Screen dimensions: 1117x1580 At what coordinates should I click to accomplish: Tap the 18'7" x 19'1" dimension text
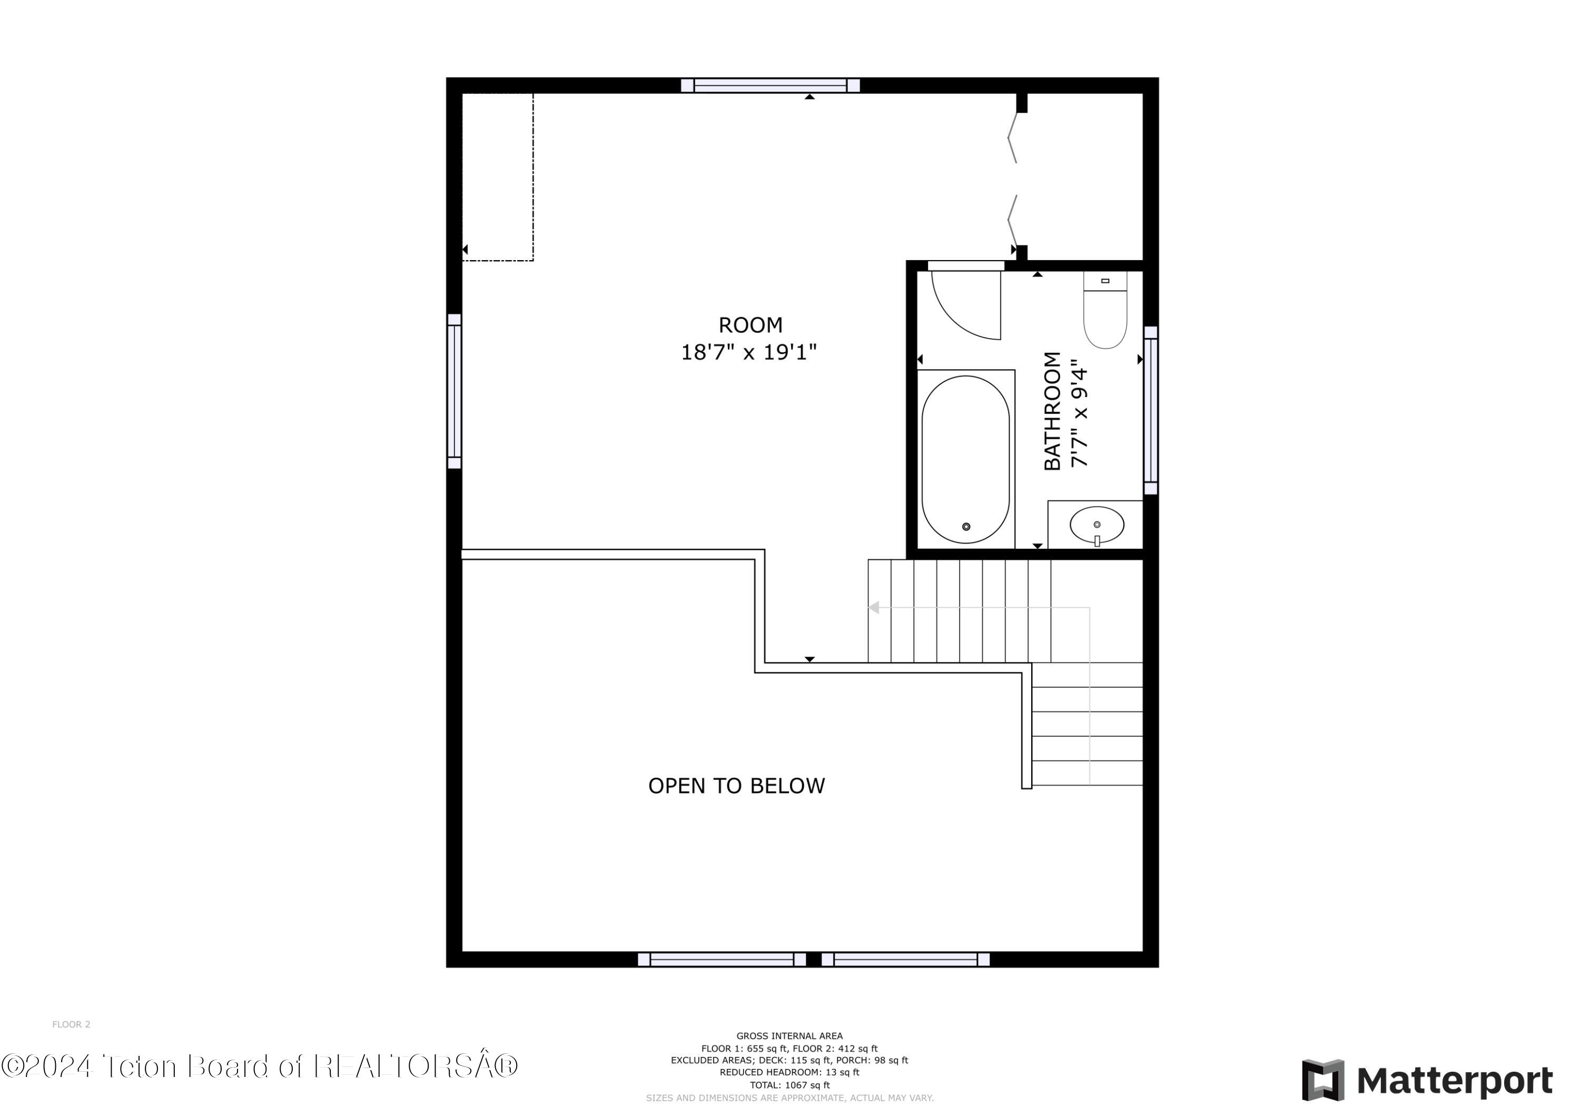coord(749,352)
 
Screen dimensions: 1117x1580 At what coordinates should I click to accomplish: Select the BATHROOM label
coord(1052,411)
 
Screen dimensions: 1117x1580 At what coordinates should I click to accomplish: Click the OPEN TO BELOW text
coord(736,786)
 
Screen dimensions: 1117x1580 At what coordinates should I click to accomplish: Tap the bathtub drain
coord(966,527)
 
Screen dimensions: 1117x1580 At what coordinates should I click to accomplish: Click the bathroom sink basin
coord(1097,525)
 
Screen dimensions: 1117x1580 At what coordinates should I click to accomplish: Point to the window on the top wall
coord(770,85)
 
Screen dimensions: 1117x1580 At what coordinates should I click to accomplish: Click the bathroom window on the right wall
coord(1151,410)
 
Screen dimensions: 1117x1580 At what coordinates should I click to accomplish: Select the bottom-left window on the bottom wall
coord(722,960)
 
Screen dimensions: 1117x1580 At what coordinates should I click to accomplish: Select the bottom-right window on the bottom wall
coord(906,960)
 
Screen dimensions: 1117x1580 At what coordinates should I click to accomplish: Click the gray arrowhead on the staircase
coord(874,608)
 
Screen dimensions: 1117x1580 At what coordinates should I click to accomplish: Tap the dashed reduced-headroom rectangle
coord(498,177)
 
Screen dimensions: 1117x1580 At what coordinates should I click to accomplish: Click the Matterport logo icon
coord(1322,1081)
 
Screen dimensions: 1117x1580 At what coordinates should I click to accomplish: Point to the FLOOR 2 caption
coord(71,1024)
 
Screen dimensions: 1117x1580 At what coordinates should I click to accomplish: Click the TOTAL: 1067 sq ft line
coord(789,1085)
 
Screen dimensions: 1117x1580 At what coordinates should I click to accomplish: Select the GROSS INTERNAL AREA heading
coord(789,1036)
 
